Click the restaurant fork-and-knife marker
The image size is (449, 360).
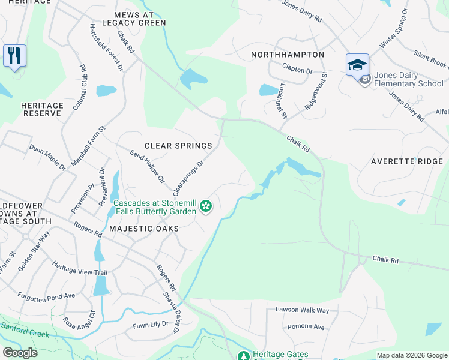14,56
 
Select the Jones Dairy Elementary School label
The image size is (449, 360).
408,80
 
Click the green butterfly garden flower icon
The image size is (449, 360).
206,206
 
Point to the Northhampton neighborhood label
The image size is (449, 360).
288,55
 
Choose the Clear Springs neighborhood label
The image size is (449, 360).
178,146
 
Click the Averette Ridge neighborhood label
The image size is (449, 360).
406,161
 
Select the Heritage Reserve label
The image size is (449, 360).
42,109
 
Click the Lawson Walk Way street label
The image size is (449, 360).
303,310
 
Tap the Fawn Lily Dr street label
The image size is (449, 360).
150,325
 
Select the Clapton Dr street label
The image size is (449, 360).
297,71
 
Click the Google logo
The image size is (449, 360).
20,353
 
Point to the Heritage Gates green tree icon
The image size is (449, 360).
243,356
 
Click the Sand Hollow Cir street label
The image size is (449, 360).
147,166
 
